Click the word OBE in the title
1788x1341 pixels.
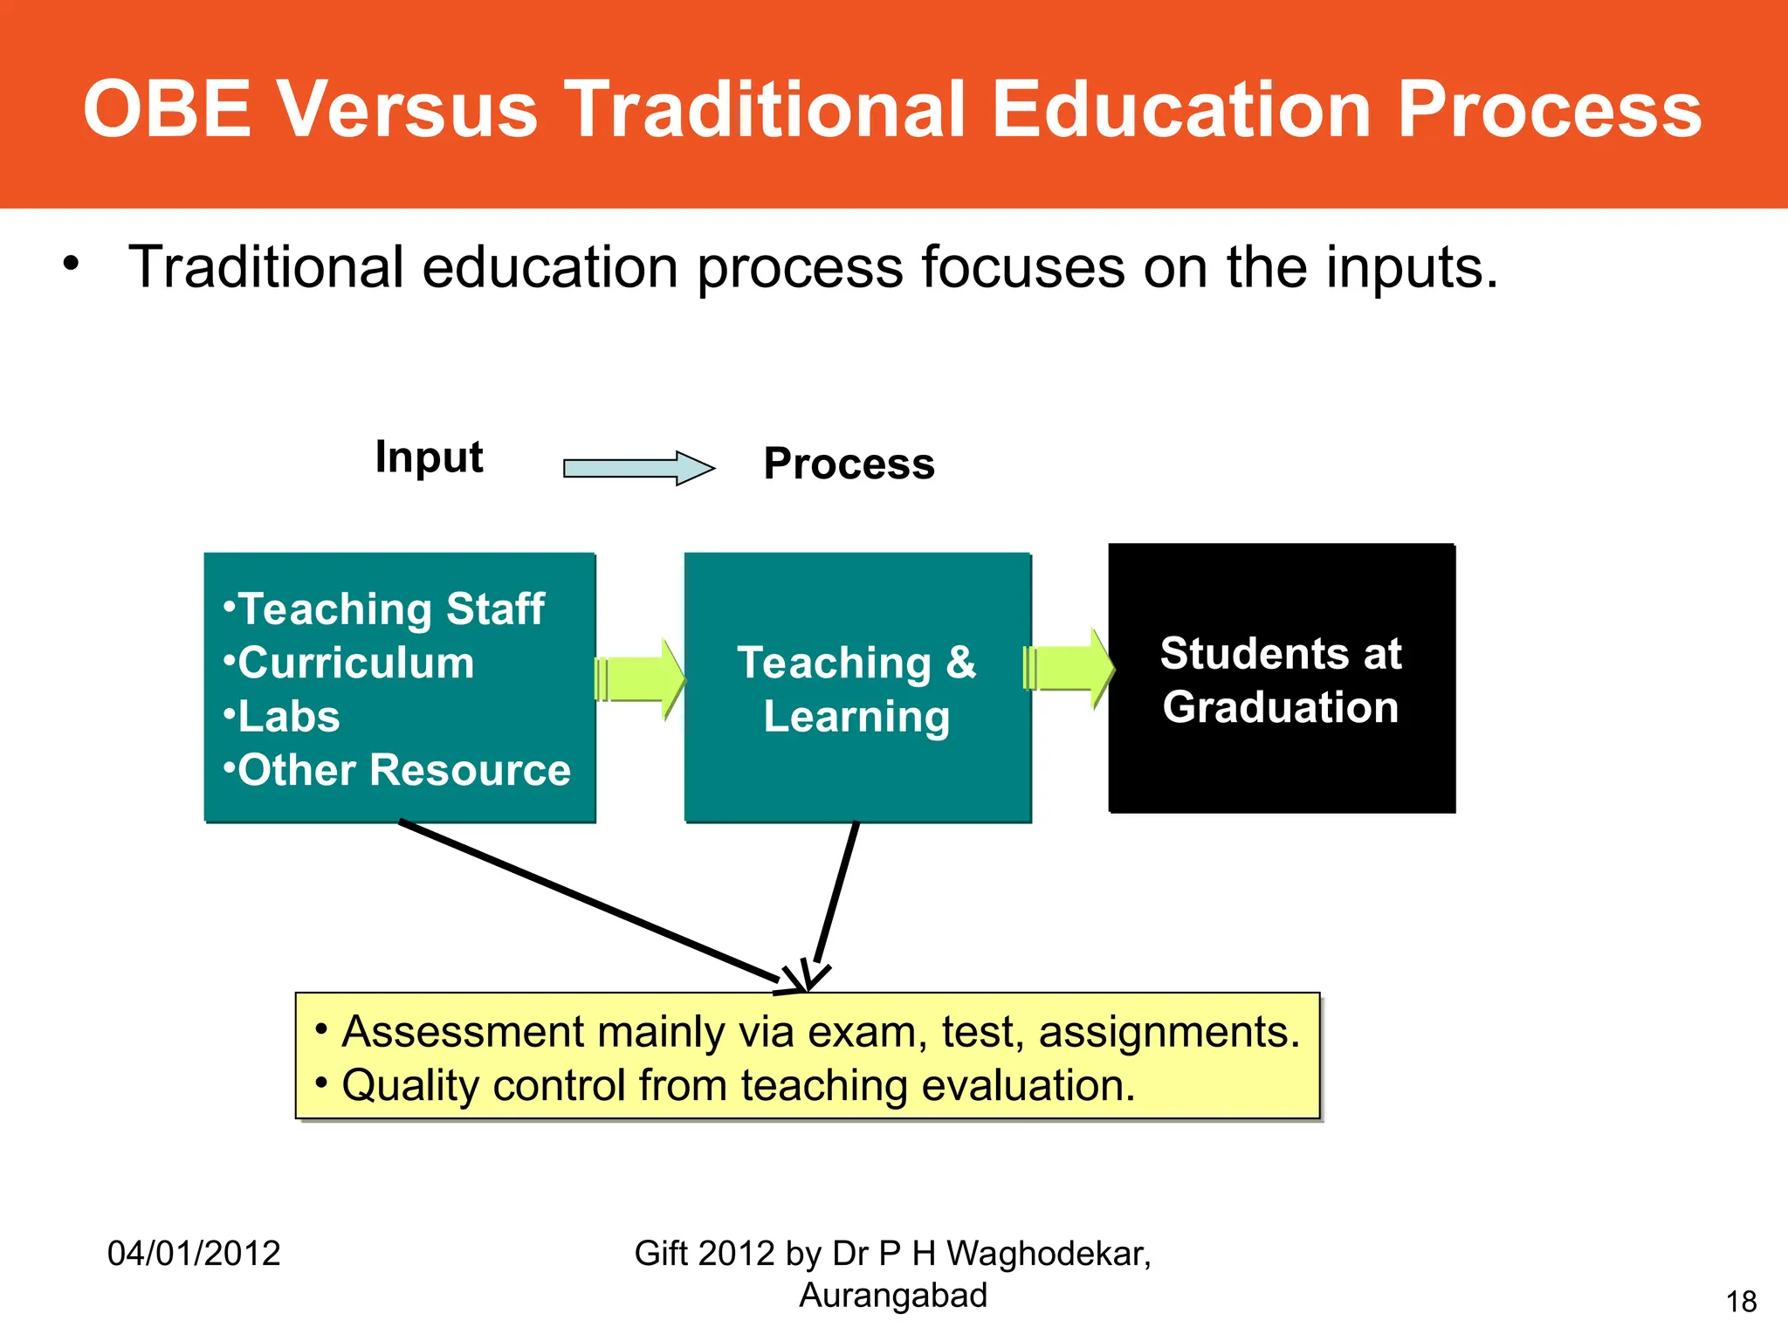[x=167, y=109]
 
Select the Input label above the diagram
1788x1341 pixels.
[x=429, y=457]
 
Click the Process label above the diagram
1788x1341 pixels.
[x=849, y=464]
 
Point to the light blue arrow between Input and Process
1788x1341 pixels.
[x=638, y=469]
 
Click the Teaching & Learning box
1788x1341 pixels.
[x=857, y=688]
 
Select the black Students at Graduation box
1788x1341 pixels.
[x=1281, y=679]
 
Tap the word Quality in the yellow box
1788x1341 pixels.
[x=410, y=1086]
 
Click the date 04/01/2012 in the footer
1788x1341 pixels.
[x=194, y=1254]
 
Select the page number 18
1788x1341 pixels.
[x=1741, y=1302]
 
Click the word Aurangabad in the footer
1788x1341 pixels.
[x=892, y=1296]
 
